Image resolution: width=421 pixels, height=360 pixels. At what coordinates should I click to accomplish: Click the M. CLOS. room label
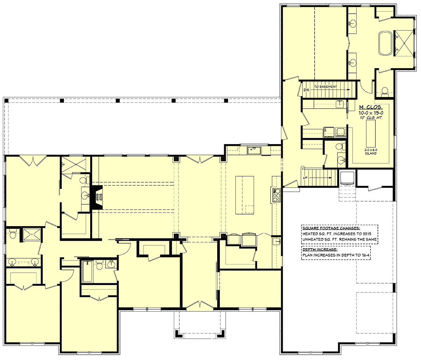click(x=370, y=107)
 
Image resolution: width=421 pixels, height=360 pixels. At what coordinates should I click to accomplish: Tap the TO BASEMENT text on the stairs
click(x=326, y=87)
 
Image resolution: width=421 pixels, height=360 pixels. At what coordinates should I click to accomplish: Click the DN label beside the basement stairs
click(x=306, y=90)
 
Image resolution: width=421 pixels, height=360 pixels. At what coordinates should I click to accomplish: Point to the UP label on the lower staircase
click(x=305, y=178)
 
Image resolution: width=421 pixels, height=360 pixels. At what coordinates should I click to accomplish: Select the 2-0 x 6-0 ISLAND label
click(x=370, y=151)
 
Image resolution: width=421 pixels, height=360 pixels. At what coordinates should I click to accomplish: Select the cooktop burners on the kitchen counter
click(x=276, y=195)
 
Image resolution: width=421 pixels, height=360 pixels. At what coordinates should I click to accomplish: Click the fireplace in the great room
click(x=98, y=197)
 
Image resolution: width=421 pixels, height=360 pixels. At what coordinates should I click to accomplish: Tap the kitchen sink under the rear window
click(x=254, y=150)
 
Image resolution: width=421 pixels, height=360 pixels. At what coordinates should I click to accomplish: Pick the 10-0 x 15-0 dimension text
click(x=371, y=113)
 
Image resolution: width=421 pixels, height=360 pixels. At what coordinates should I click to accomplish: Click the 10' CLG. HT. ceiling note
click(x=371, y=118)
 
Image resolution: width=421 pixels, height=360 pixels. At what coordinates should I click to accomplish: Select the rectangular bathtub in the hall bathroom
click(x=88, y=272)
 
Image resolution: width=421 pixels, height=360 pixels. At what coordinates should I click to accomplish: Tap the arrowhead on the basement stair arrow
click(x=349, y=89)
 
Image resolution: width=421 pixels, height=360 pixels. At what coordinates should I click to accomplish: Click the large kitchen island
click(x=245, y=195)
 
